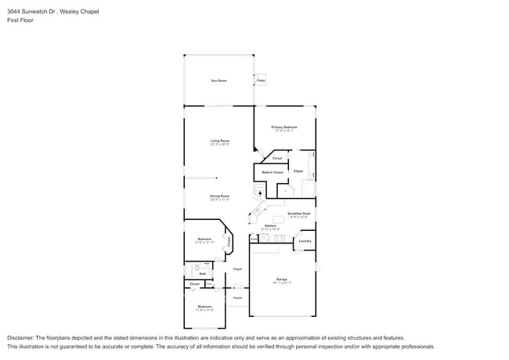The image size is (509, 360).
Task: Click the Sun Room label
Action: coord(218,81)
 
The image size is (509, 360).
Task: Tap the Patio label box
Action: coord(261,81)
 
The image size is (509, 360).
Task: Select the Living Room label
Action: coord(219,142)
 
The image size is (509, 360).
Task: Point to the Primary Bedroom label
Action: coord(284,128)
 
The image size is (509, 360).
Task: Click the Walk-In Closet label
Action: coord(272,171)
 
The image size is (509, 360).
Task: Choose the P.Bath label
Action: coord(298,171)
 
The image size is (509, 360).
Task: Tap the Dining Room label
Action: coord(219,197)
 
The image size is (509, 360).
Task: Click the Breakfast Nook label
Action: coord(299,214)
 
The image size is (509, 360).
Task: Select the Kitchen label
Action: coord(270,226)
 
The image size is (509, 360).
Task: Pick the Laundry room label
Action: coord(305,241)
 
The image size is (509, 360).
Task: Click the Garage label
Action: coord(281,280)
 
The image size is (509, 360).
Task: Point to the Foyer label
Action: coord(237,268)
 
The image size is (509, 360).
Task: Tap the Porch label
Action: coord(236,297)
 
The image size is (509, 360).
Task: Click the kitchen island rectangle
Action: coord(278,218)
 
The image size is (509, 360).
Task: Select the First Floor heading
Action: coord(19,21)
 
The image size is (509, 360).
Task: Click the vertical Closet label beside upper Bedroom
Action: coord(229,243)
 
